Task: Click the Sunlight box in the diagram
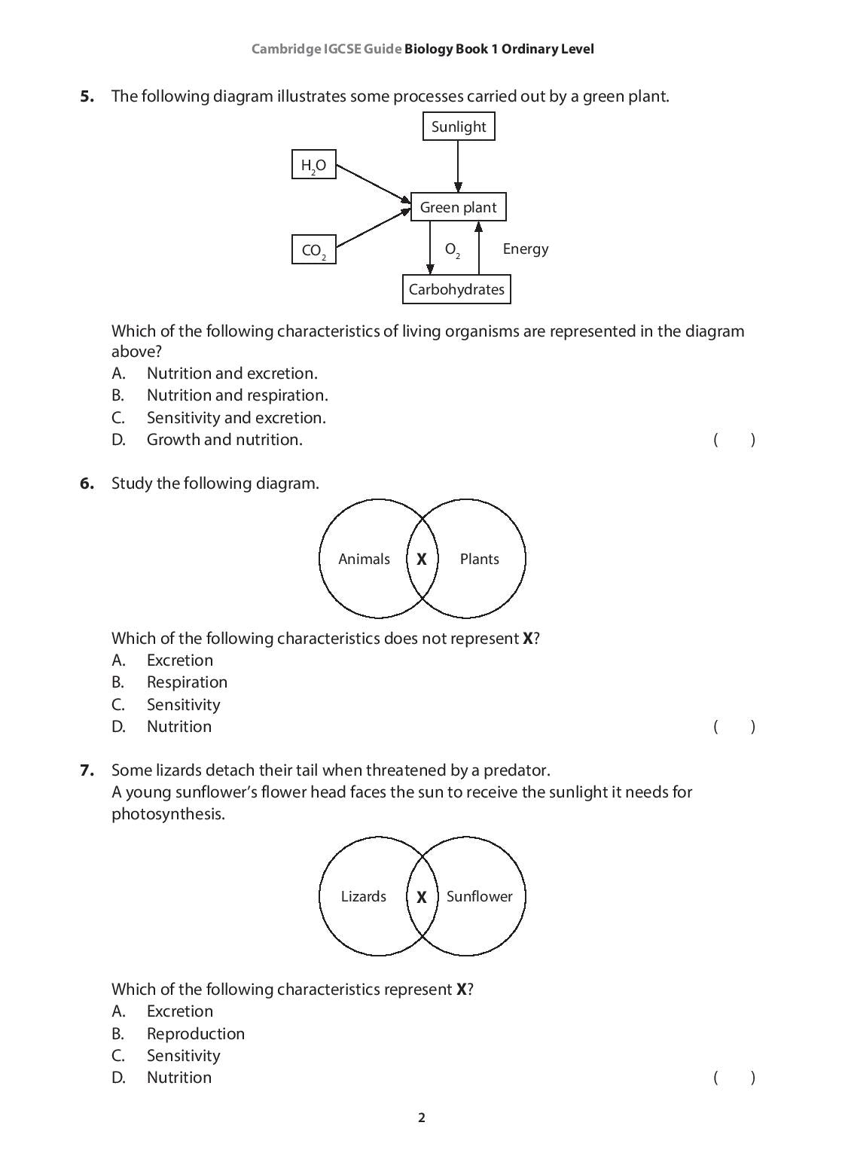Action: (459, 127)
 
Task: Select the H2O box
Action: (313, 165)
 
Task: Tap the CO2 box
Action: (313, 250)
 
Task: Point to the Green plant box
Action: (458, 207)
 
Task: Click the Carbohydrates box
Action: (456, 289)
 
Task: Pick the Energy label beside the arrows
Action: (525, 249)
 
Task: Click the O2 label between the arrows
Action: (452, 249)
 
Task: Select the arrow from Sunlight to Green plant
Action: (458, 166)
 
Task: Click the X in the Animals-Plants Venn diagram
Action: (422, 560)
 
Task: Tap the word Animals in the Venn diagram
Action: (364, 559)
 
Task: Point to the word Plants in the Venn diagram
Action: (479, 559)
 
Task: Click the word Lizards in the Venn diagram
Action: (363, 896)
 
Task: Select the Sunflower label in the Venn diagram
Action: (479, 896)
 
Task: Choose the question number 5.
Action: (87, 96)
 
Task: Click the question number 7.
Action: (87, 770)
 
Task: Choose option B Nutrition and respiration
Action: (237, 395)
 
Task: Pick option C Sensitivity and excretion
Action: (236, 418)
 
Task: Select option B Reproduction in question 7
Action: (195, 1034)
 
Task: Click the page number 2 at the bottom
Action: (422, 1118)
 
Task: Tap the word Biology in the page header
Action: (429, 50)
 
